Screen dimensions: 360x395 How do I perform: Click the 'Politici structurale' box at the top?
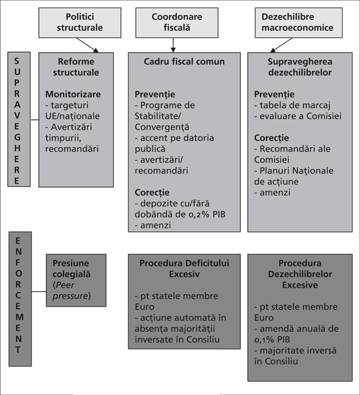(x=80, y=23)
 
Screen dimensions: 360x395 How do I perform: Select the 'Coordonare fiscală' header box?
(x=177, y=23)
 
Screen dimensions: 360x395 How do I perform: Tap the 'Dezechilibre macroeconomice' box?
(x=298, y=23)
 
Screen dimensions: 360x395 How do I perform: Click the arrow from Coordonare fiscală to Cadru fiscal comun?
(x=173, y=45)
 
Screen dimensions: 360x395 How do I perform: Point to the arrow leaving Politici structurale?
(x=87, y=45)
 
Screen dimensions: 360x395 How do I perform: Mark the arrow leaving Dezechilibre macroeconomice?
(x=281, y=45)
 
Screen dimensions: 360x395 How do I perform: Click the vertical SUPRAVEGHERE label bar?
(x=19, y=119)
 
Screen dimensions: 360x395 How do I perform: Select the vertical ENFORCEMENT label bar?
(x=20, y=299)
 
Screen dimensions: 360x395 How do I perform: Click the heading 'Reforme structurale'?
(x=76, y=67)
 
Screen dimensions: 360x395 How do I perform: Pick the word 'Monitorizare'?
(x=73, y=94)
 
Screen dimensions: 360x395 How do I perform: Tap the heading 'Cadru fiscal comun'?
(x=185, y=62)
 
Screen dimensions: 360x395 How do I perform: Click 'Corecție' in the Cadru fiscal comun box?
(x=152, y=193)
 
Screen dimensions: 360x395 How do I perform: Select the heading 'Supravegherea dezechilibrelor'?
(x=300, y=67)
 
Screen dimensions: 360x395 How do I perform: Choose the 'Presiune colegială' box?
(x=76, y=280)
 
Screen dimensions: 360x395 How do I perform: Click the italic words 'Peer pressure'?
(x=70, y=290)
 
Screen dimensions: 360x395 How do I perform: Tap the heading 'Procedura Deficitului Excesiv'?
(x=185, y=269)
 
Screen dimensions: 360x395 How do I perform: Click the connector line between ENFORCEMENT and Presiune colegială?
(x=39, y=292)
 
